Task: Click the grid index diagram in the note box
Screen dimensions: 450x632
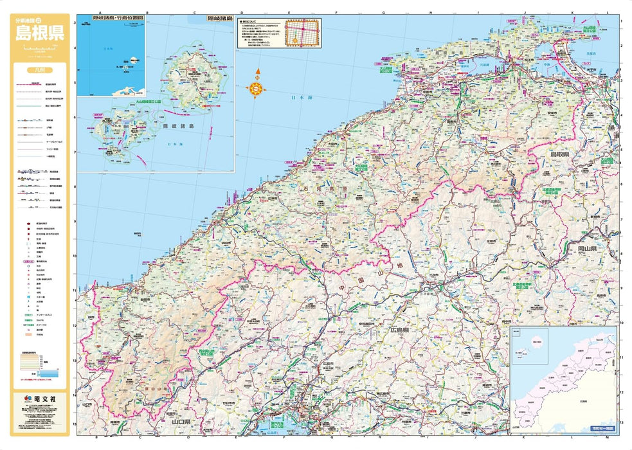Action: [302, 33]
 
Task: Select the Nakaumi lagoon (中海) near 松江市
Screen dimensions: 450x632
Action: [543, 64]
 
